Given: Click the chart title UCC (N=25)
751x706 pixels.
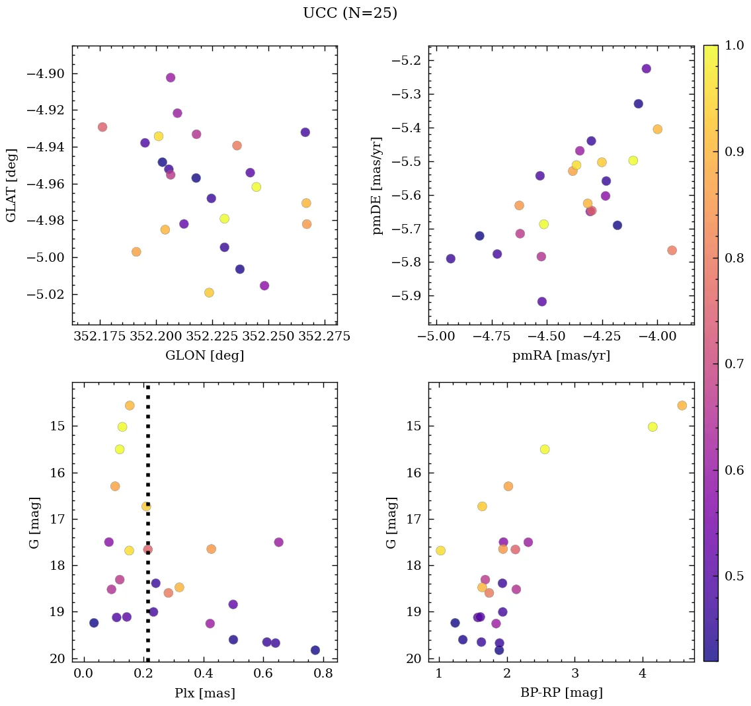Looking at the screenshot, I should click(x=350, y=13).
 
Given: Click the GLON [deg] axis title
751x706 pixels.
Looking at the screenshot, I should click(x=204, y=356).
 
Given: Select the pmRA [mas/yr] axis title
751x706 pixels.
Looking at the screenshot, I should click(x=561, y=356).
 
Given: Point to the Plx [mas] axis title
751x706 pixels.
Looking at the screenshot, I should click(x=204, y=693).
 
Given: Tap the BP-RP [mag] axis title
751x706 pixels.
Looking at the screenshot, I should click(x=561, y=693).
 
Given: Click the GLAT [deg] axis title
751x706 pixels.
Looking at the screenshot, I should click(x=11, y=185).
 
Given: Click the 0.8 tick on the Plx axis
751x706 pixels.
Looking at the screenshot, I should click(x=323, y=674).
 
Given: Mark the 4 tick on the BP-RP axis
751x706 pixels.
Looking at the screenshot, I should click(x=643, y=674).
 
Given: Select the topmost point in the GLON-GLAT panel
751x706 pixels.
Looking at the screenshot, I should click(x=171, y=77).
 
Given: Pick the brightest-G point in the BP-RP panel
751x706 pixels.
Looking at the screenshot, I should click(x=682, y=405).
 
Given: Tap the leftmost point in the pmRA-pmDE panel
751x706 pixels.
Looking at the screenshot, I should click(x=451, y=258).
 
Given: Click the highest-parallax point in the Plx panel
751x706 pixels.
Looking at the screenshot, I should click(x=315, y=650).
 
